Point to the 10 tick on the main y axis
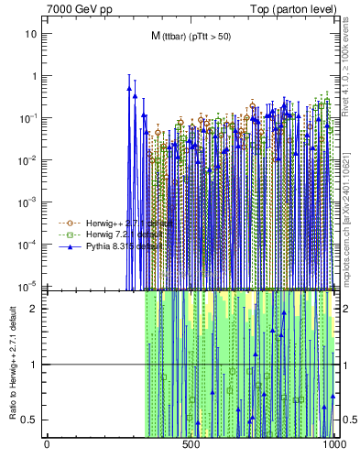tap(31, 34)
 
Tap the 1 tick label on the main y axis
tap(34, 76)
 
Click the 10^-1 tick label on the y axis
tap(29, 117)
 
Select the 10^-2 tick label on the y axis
tap(29, 159)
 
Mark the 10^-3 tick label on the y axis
tap(29, 202)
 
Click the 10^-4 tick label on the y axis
tap(29, 244)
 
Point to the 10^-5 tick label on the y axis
tap(29, 285)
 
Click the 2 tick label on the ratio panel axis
tap(35, 308)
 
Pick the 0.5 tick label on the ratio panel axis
tap(30, 420)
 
